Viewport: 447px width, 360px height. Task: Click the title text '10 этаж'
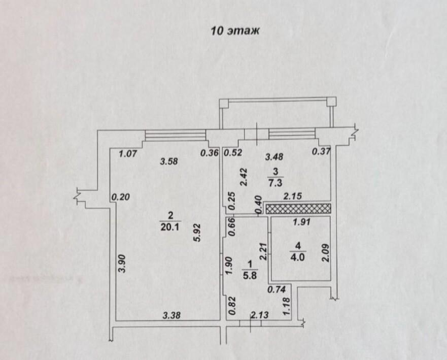coord(235,30)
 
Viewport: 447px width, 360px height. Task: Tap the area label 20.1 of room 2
coord(170,227)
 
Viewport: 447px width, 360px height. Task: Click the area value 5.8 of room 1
coord(250,276)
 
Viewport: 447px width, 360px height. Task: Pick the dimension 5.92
coord(197,233)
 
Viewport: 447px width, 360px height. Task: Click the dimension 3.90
coord(122,264)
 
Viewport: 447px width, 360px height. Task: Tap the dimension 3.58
coord(169,162)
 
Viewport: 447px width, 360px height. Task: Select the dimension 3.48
coord(274,156)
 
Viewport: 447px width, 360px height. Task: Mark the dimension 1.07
coord(128,154)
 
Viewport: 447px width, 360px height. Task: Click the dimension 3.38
coord(171,315)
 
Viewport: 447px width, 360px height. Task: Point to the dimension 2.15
coord(292,197)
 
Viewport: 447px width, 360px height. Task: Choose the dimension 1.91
coord(301,221)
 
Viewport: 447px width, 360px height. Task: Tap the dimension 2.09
coord(326,253)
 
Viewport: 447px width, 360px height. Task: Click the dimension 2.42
coord(244,177)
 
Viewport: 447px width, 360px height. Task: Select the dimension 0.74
coord(277,289)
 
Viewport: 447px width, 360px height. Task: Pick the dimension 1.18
coord(286,307)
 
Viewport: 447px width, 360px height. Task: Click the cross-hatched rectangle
coord(298,209)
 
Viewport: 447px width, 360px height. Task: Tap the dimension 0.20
coord(121,197)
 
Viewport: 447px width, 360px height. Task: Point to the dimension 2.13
coord(260,315)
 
